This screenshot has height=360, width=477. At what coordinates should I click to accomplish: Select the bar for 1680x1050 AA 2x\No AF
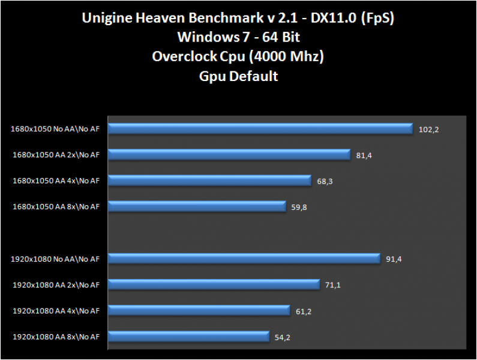pos(230,155)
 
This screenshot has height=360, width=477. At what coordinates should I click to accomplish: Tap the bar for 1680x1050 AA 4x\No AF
pos(210,181)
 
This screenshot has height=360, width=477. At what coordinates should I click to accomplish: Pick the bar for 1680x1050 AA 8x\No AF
pos(197,206)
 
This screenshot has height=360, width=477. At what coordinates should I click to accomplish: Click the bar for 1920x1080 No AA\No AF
pos(245,259)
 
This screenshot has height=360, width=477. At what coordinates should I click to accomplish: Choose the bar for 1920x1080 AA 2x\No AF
pos(214,284)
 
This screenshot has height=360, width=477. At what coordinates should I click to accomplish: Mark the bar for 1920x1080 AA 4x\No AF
pos(200,310)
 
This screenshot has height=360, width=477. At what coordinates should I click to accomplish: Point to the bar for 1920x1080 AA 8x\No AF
pos(189,336)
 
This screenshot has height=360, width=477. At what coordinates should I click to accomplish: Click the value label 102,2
pos(429,130)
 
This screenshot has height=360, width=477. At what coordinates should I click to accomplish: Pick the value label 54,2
pos(284,337)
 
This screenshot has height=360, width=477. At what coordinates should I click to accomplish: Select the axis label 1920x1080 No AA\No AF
pos(55,259)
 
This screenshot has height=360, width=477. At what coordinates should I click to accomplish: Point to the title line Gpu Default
pos(238,76)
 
